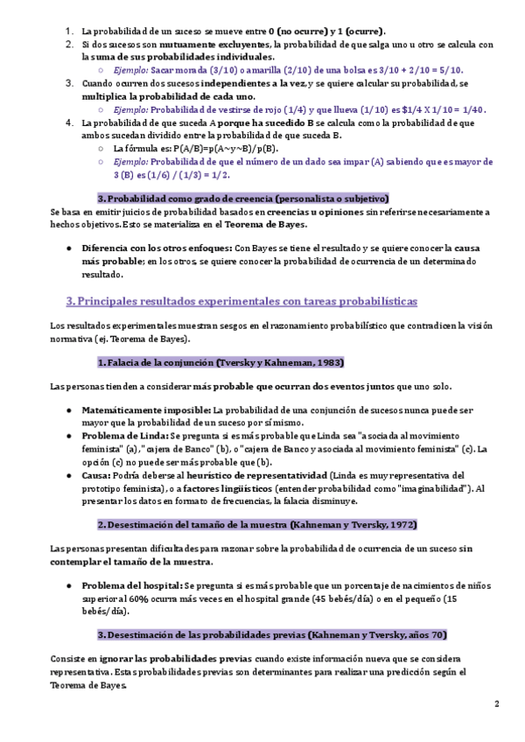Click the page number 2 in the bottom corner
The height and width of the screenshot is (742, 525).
(x=496, y=703)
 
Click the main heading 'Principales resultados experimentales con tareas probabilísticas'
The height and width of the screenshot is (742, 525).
(x=241, y=301)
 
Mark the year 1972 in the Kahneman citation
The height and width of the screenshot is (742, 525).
(x=402, y=524)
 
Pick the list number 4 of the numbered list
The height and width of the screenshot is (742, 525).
(x=69, y=122)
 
